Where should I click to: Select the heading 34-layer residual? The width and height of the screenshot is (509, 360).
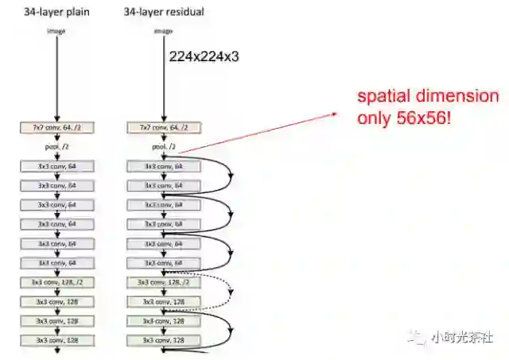point(162,11)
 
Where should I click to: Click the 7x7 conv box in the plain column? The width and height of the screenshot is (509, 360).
point(58,127)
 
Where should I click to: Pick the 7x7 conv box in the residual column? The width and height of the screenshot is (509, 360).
point(162,127)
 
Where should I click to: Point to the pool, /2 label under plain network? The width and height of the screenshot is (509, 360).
point(58,146)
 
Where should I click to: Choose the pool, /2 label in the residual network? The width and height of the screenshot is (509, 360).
point(162,146)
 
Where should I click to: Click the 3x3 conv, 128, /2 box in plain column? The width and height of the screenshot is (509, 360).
point(58,282)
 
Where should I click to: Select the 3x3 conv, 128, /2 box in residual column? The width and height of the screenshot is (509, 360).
point(162,282)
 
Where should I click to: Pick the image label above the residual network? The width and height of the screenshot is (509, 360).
point(162,31)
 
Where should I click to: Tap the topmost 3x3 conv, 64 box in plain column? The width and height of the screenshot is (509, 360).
point(58,166)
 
